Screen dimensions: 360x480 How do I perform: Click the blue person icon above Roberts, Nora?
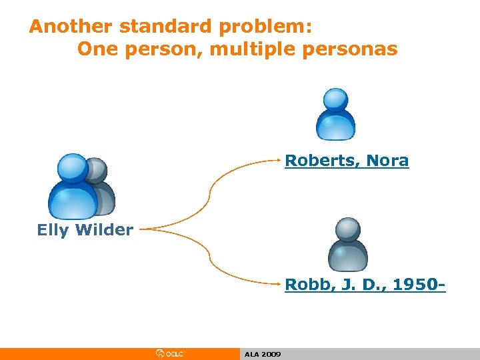click(x=335, y=113)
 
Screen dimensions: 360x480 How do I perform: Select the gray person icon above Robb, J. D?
click(x=347, y=243)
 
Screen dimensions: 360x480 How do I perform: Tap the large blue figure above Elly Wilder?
click(x=72, y=187)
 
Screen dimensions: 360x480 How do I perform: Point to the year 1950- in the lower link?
click(x=419, y=285)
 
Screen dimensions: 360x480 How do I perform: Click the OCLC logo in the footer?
click(x=170, y=353)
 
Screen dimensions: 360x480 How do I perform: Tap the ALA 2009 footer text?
click(x=263, y=354)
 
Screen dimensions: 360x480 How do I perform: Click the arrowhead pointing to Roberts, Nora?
click(x=280, y=160)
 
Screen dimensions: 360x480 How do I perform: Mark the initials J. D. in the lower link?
click(x=359, y=285)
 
